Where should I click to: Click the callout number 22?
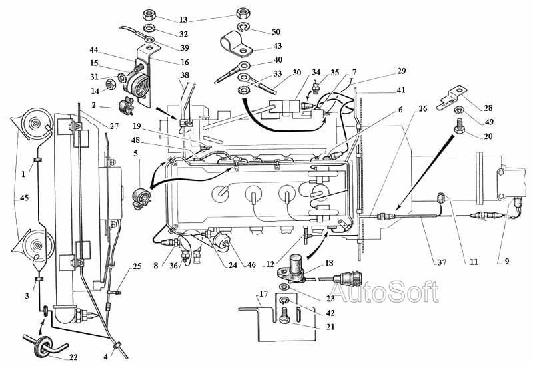point(74,357)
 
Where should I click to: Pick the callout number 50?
point(276,31)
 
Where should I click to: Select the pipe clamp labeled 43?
point(233,45)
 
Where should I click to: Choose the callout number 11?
point(473,262)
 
